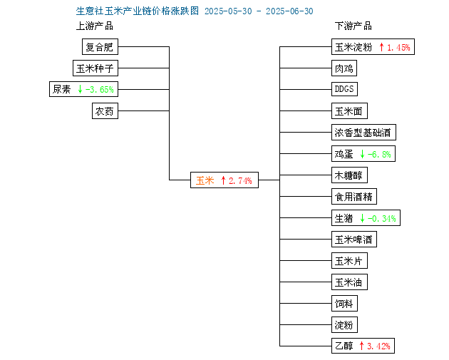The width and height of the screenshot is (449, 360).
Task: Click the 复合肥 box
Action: tap(100, 46)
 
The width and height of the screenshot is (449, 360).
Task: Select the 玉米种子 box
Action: tap(96, 68)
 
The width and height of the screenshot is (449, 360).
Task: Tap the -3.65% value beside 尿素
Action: tap(100, 90)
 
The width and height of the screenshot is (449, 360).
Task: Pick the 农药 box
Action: tap(105, 110)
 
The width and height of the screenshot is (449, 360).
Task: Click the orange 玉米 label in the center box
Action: tap(205, 180)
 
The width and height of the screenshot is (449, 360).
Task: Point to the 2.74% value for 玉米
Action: tap(240, 181)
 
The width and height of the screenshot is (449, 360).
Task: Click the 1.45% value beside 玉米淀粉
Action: tap(398, 47)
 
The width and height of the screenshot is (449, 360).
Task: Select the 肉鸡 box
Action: tap(344, 68)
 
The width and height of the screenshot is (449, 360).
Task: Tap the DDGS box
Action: tap(344, 89)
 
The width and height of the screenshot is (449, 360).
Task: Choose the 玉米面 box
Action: tap(349, 110)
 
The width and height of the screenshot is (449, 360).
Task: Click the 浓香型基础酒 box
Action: tap(363, 133)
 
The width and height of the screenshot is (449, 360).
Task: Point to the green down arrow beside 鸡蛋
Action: tap(363, 154)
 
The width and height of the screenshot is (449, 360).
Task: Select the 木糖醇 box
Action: tap(349, 175)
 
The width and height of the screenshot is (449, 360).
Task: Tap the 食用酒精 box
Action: tap(354, 197)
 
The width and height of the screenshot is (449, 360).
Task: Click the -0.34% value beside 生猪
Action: tap(382, 219)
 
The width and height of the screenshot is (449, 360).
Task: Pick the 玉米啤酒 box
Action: tap(354, 239)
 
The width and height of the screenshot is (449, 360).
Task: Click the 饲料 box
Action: tap(344, 303)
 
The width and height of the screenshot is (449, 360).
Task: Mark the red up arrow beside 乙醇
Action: tap(361, 346)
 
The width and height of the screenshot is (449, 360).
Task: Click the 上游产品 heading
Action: tap(95, 26)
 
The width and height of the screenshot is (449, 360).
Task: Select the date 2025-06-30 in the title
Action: tap(289, 11)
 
